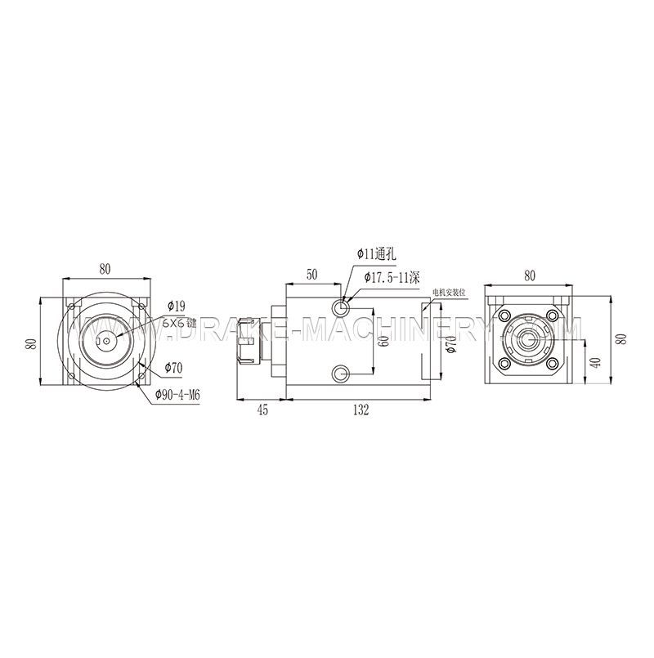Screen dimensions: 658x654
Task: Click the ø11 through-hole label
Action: pyautogui.click(x=376, y=255)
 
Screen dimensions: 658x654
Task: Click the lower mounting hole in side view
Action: pyautogui.click(x=341, y=374)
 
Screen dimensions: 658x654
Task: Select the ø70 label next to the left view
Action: pyautogui.click(x=172, y=367)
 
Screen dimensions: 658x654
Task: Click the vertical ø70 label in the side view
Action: pyautogui.click(x=451, y=342)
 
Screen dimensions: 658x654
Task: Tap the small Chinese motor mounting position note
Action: pyautogui.click(x=449, y=291)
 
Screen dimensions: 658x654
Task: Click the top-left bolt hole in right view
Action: pyautogui.click(x=507, y=316)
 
